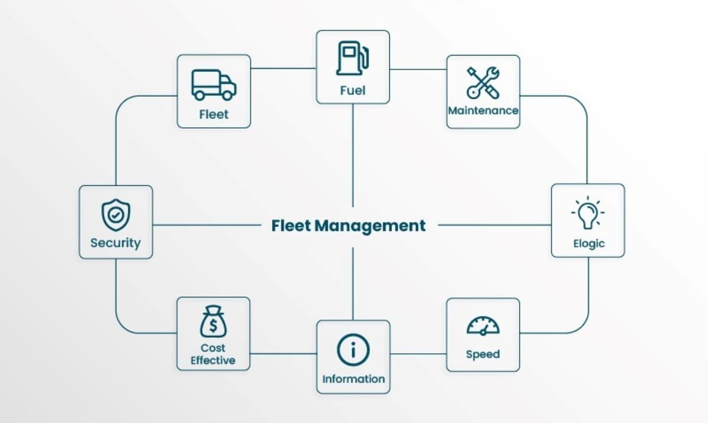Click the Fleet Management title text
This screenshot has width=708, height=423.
click(348, 226)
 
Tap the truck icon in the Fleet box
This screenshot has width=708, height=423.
click(214, 84)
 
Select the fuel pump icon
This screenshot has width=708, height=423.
click(352, 58)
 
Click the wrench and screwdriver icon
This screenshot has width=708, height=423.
click(483, 82)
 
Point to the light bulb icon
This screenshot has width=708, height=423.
click(588, 214)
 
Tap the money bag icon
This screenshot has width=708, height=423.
click(212, 323)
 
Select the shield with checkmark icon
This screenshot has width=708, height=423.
click(116, 215)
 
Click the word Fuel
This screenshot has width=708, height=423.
click(353, 90)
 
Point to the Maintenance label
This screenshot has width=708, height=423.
click(483, 110)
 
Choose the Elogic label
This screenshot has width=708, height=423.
click(588, 243)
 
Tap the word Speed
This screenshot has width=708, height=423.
click(483, 354)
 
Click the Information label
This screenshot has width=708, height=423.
click(353, 379)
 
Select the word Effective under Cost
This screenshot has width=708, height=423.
click(212, 360)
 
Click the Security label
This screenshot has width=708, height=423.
click(116, 243)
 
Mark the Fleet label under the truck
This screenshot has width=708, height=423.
click(214, 115)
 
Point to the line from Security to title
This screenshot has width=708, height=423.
click(206, 225)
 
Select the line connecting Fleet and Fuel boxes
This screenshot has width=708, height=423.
click(283, 68)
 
